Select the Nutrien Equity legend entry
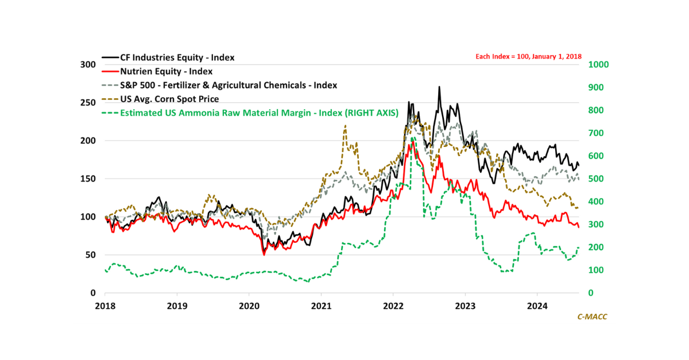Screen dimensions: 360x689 (166, 72)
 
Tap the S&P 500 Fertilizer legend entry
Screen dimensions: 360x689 (228, 85)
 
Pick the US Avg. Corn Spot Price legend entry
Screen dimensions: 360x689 (169, 99)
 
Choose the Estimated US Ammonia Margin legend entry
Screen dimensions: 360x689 (258, 113)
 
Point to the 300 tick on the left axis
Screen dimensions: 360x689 (88, 65)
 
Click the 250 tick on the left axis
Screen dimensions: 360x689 (88, 103)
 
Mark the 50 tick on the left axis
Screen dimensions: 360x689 (90, 255)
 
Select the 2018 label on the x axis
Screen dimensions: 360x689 (105, 304)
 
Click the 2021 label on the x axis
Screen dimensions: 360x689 (321, 304)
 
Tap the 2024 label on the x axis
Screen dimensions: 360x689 (537, 304)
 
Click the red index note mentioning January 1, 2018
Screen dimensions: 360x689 (529, 56)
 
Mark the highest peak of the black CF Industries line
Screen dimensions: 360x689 (439, 87)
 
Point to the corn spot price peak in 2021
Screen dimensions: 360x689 (345, 126)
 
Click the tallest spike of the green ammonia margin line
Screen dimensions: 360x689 (412, 138)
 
